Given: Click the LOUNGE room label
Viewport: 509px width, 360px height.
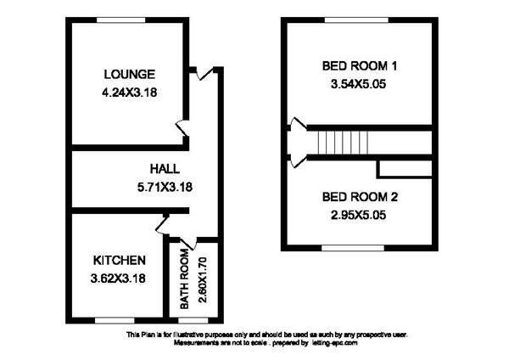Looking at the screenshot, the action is coord(130,75).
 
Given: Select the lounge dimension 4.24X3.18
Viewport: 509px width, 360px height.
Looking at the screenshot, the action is coord(130,93).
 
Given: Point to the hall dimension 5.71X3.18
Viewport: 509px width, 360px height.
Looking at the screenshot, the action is coord(165,187).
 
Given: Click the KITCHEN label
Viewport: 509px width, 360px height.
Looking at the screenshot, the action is coord(119,261).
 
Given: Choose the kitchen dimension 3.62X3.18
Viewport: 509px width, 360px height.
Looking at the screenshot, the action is coord(118,278).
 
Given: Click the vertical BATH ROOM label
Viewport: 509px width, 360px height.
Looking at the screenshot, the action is coord(184,278).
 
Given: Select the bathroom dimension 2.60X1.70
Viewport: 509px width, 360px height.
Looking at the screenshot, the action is coord(202,279).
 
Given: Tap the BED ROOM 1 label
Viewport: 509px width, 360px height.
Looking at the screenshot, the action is coord(360,66).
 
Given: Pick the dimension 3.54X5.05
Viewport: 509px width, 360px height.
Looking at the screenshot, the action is coord(358,84).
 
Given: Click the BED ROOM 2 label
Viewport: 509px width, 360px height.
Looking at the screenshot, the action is coord(360,197).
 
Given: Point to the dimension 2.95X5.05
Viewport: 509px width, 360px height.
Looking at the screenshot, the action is coord(358,215).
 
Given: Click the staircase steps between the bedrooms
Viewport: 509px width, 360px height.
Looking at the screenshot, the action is coord(343,143).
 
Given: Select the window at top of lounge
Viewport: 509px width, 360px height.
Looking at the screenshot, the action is coord(121,20).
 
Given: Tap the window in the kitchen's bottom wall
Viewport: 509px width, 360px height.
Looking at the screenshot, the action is coord(115,321).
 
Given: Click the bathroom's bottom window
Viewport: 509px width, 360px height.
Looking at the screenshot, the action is coord(193,321).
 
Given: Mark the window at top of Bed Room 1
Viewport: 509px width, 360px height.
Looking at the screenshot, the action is coord(357,20).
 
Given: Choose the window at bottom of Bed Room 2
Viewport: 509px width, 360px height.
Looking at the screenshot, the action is coord(353,248).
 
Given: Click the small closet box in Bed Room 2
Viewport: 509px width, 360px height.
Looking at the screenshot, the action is coord(405,169).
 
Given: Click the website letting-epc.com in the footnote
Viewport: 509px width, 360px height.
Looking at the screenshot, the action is coord(334,343).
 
